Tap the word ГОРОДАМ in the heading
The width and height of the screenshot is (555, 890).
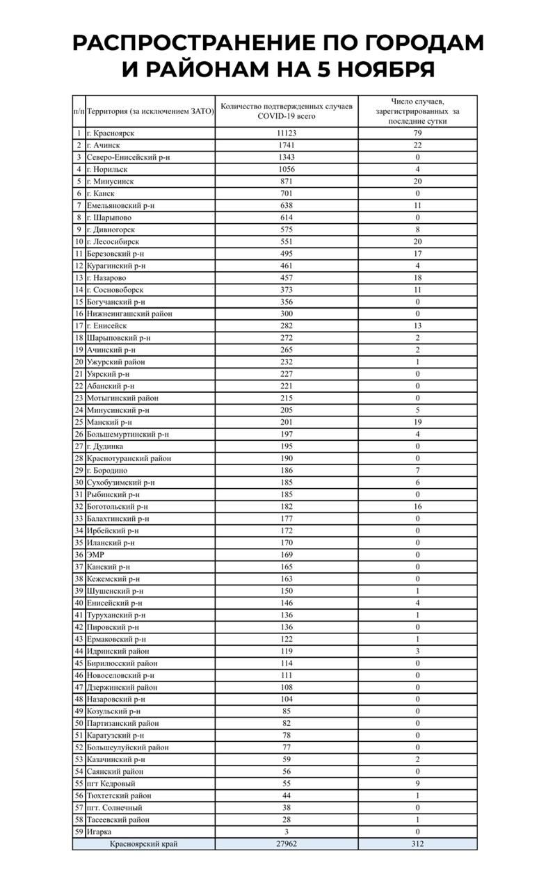coord(415,42)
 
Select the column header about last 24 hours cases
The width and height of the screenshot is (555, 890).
coord(417,111)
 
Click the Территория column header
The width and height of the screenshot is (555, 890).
coord(149,111)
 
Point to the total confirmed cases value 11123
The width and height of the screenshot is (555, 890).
coord(287,133)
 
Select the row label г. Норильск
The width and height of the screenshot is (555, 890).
coord(107,169)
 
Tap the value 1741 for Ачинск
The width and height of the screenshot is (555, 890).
coord(287,145)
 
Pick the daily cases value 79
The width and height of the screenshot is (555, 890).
coord(418,133)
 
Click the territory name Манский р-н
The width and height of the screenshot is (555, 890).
coord(109,422)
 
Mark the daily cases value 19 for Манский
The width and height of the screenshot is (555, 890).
coord(418,422)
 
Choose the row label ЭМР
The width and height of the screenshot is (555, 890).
coord(96,555)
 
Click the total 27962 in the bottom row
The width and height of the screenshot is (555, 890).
coord(287,844)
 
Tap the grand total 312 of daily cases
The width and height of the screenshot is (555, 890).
coord(418,844)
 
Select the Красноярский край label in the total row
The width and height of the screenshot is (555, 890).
coord(143,844)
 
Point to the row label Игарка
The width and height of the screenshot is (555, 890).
coord(99,832)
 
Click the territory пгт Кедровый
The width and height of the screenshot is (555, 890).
coord(111,784)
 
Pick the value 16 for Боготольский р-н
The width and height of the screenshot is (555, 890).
coord(418,507)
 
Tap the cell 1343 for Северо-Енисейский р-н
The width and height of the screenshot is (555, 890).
coord(287,157)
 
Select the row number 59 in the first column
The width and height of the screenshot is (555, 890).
coord(79,832)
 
